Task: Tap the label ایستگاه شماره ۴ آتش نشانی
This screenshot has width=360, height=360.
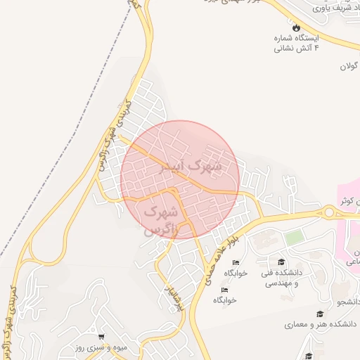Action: click(x=296, y=42)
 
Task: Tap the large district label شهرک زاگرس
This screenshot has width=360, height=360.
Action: click(x=160, y=219)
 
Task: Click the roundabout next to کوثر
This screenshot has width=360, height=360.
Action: click(x=329, y=212)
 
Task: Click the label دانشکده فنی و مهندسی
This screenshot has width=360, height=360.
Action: click(x=281, y=277)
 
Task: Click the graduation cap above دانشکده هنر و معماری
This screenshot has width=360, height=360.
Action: click(x=321, y=314)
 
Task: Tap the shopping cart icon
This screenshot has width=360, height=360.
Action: click(x=102, y=336)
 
